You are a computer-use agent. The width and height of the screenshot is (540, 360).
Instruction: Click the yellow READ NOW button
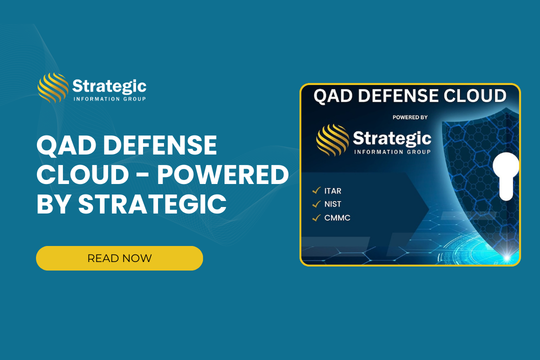point(119,258)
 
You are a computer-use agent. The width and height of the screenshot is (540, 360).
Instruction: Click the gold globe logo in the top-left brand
point(53,88)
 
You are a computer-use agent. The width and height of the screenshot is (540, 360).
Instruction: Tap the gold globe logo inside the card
point(332,140)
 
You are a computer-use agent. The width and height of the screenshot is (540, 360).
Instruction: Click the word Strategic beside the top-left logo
point(109,86)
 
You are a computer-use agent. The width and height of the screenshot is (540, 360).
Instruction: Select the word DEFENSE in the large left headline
point(160,145)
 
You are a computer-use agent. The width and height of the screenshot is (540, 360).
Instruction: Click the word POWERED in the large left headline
point(223,174)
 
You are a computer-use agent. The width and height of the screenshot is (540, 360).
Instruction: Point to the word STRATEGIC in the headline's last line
point(152,204)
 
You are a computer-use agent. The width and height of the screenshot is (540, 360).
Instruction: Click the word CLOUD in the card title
point(475,96)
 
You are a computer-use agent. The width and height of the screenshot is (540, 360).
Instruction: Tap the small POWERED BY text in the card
point(410,117)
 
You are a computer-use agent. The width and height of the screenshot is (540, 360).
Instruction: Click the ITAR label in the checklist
point(332,191)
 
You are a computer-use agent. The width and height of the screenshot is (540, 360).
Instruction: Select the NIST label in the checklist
point(332,204)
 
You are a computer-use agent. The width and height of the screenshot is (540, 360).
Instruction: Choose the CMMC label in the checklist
point(337,217)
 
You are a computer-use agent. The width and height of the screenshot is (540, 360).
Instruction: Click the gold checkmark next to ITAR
point(316,190)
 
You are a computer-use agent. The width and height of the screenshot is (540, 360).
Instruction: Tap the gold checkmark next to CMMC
point(316,217)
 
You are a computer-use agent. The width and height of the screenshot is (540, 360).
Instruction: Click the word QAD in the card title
point(333,96)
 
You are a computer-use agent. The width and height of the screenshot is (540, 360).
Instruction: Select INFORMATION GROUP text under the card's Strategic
point(392,152)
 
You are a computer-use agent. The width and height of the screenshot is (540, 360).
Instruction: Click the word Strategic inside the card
point(392,138)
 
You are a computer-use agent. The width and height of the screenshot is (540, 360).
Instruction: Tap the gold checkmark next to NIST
point(316,204)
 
